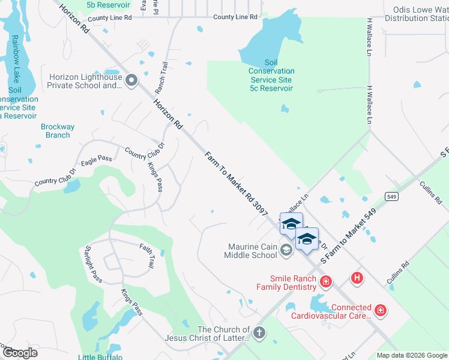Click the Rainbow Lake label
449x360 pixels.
[14, 61]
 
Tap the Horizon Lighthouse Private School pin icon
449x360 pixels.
[132, 80]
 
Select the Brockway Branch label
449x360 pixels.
[58, 131]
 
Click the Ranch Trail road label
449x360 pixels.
[161, 77]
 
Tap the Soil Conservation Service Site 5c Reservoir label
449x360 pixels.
[271, 76]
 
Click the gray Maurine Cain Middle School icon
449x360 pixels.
[286, 251]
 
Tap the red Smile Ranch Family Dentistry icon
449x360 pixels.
[326, 281]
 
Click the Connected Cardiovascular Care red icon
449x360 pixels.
[380, 310]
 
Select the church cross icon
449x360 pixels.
[259, 333]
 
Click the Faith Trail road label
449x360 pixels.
[146, 255]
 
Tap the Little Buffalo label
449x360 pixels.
[100, 357]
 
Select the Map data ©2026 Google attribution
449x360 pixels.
[411, 355]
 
